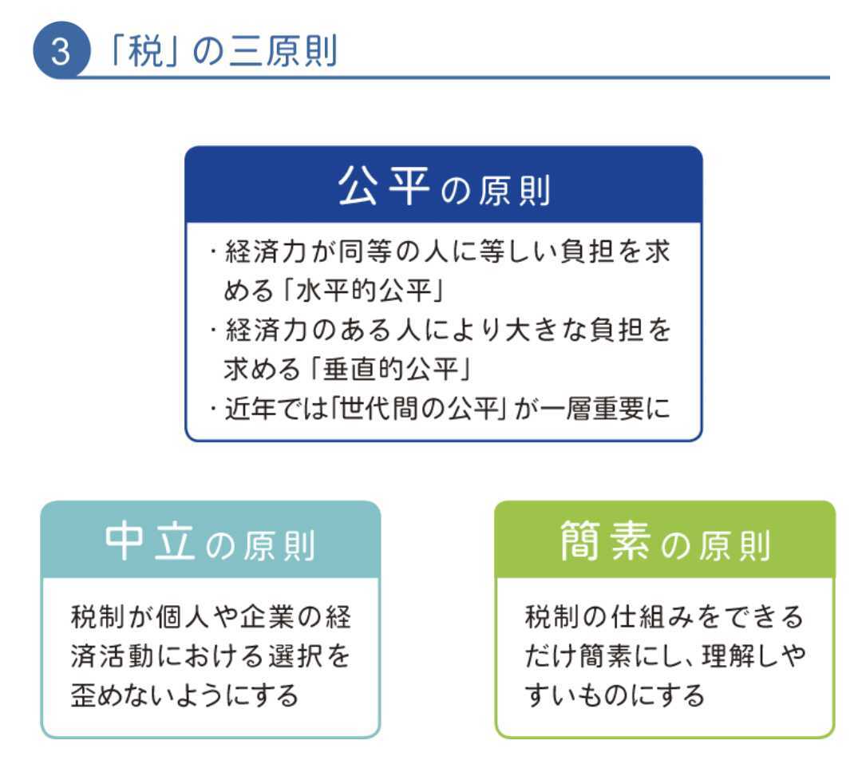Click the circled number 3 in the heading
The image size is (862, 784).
(61, 50)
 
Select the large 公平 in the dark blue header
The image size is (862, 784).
(383, 186)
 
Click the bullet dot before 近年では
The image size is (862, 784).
(213, 409)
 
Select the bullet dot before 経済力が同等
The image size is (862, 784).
(213, 251)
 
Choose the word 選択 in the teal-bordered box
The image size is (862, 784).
(295, 656)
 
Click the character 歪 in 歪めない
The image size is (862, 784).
(84, 695)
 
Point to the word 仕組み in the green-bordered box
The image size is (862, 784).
(652, 616)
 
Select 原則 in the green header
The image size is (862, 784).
(734, 546)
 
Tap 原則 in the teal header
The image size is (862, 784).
(279, 546)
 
